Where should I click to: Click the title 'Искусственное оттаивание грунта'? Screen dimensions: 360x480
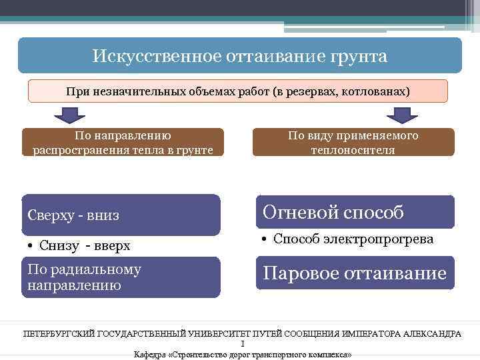(239, 55)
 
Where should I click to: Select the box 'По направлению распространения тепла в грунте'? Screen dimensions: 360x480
(123, 143)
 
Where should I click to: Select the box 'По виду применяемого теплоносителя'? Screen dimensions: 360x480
(353, 143)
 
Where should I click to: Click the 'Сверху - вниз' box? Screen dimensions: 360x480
(120, 215)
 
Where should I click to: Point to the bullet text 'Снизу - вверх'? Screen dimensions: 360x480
(85, 246)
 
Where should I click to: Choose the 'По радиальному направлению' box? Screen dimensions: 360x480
(120, 277)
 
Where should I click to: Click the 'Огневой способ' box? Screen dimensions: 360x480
(355, 212)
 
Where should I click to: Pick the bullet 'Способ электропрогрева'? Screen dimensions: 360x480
(354, 239)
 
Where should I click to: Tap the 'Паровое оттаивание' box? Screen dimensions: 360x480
(355, 273)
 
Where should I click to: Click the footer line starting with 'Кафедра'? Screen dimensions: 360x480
(243, 355)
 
